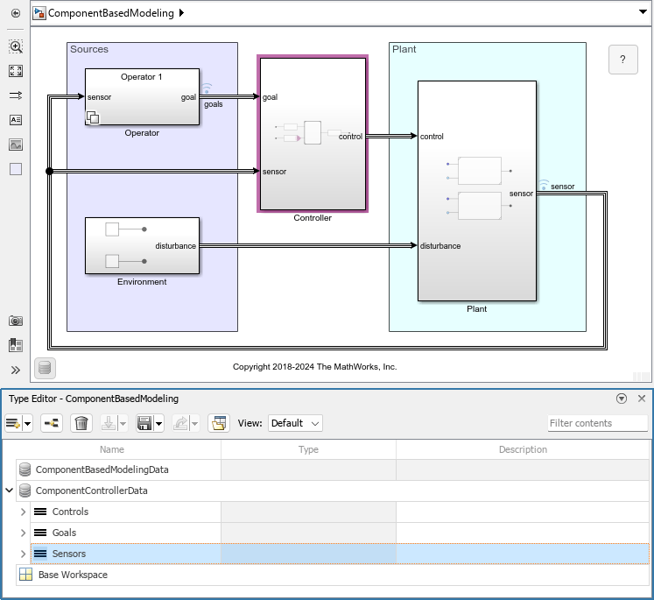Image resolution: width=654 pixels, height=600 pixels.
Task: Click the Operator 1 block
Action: (x=142, y=96)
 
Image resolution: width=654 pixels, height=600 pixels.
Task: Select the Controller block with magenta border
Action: (x=312, y=133)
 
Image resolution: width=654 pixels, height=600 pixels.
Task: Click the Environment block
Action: (x=142, y=245)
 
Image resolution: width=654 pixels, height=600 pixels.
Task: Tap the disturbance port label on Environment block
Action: (x=175, y=246)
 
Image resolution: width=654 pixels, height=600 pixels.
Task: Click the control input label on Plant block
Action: (x=432, y=137)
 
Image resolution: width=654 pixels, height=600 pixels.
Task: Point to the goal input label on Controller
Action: (x=270, y=97)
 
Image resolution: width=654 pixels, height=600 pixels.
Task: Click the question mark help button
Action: (x=622, y=60)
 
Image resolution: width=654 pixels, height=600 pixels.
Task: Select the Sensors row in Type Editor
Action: (x=69, y=554)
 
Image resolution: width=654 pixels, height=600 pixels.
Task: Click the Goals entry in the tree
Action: (x=64, y=533)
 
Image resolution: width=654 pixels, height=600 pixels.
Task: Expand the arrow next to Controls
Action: (x=23, y=512)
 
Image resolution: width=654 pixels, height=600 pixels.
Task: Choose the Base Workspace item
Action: (x=73, y=575)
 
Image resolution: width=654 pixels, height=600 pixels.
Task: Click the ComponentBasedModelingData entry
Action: (x=102, y=469)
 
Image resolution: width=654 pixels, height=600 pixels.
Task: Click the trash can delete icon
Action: (x=81, y=424)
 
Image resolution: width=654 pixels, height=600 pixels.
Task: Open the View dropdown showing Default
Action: (x=295, y=423)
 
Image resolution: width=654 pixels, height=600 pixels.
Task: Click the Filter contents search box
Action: (x=597, y=423)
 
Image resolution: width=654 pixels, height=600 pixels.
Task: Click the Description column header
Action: (x=522, y=449)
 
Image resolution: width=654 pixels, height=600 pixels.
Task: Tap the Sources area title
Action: (x=89, y=49)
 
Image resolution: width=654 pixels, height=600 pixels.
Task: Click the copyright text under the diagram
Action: (x=314, y=366)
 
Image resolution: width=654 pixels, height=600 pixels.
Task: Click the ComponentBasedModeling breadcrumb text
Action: (x=110, y=13)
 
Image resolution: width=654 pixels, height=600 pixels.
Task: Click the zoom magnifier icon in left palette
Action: (x=16, y=46)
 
